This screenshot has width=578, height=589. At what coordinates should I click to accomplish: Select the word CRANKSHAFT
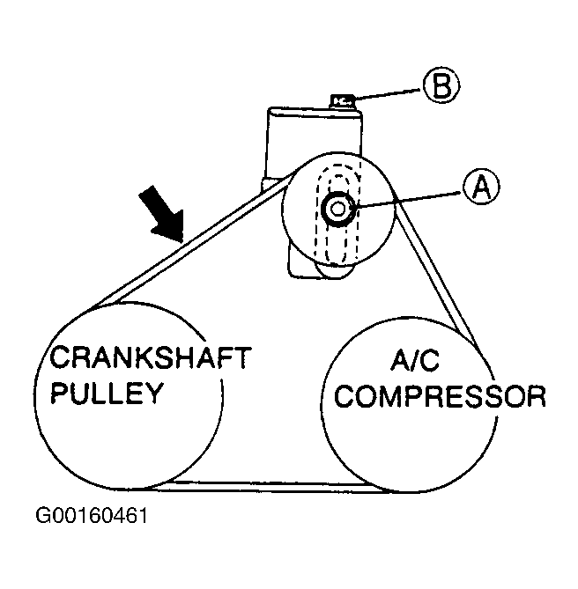pyautogui.click(x=150, y=358)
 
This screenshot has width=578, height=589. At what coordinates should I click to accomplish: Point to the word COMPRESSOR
pyautogui.click(x=441, y=395)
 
